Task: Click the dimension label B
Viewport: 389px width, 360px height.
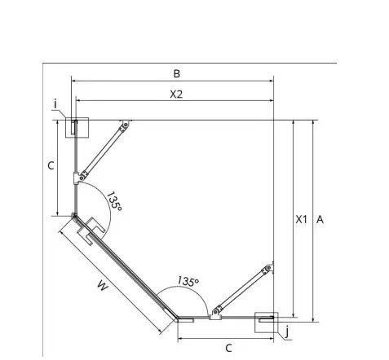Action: click(177, 73)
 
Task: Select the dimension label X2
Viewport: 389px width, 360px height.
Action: click(176, 94)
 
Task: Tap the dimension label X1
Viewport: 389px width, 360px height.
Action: click(301, 219)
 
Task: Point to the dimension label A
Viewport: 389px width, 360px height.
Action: click(320, 219)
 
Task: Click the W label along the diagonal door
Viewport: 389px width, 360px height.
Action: click(103, 287)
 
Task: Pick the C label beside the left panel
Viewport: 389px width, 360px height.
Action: click(51, 165)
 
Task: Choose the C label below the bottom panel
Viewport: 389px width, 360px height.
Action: click(228, 348)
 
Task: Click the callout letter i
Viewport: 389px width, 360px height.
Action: click(55, 104)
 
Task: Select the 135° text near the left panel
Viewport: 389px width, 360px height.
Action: click(114, 201)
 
